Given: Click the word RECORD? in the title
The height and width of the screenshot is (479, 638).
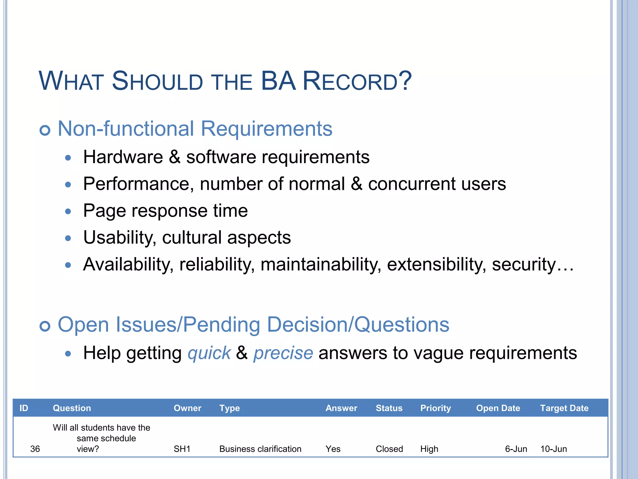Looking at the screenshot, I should pyautogui.click(x=357, y=81).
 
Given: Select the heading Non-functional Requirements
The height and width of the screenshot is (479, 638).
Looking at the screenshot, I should pyautogui.click(x=195, y=128).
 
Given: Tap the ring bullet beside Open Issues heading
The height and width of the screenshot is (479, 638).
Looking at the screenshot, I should pyautogui.click(x=45, y=326).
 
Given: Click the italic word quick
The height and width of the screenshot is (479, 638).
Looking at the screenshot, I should pyautogui.click(x=209, y=353).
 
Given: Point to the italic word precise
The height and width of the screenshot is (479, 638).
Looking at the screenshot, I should pyautogui.click(x=283, y=353).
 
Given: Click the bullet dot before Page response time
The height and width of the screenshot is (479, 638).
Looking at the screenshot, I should pyautogui.click(x=68, y=212).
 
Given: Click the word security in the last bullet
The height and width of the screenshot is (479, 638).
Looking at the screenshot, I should pyautogui.click(x=524, y=264).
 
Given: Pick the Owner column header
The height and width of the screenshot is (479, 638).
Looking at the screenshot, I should pyautogui.click(x=187, y=408).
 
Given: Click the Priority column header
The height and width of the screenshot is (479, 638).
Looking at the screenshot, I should pyautogui.click(x=435, y=408).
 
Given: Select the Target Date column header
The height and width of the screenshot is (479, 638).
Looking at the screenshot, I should pyautogui.click(x=564, y=408).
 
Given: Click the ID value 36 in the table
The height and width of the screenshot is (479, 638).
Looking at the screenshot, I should pyautogui.click(x=35, y=449).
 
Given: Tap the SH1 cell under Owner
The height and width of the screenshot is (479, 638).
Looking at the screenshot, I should pyautogui.click(x=182, y=449).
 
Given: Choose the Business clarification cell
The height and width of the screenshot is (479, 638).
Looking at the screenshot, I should pyautogui.click(x=260, y=449).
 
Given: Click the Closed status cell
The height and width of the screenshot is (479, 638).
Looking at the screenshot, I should pyautogui.click(x=389, y=449).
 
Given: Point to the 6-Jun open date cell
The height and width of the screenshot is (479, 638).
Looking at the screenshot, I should pyautogui.click(x=516, y=449).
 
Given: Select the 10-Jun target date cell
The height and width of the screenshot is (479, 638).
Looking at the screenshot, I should pyautogui.click(x=553, y=449).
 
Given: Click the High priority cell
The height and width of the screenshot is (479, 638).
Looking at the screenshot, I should pyautogui.click(x=429, y=449).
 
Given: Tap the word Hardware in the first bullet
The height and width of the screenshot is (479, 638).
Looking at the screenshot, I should pyautogui.click(x=123, y=157).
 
